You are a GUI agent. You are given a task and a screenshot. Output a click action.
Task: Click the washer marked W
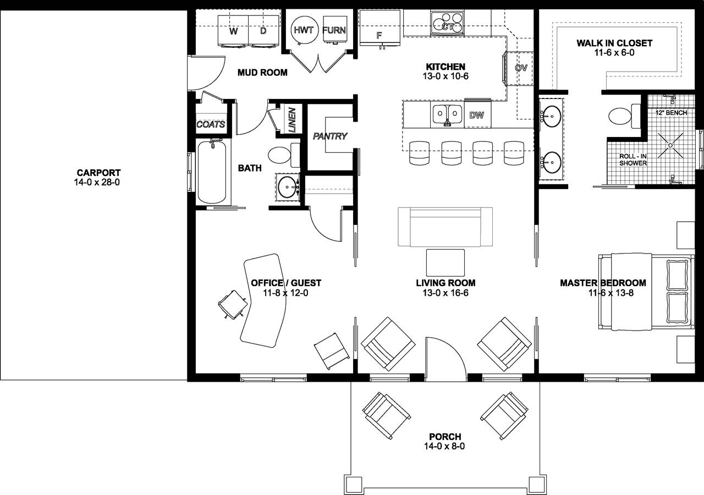coord(234,32)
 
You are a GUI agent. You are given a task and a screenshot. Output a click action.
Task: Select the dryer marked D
coord(263,32)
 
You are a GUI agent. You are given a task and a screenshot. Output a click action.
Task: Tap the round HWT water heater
coord(303,31)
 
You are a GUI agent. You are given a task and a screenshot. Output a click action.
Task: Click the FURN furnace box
coord(334,31)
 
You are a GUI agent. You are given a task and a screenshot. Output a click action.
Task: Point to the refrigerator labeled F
coord(379,34)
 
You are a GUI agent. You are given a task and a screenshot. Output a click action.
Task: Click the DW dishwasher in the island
coord(477,115)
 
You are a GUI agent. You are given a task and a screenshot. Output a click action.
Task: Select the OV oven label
coord(521,68)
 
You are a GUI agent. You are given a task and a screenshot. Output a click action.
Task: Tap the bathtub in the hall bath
coord(211,172)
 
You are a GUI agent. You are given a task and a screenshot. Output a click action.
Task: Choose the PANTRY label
coord(330,136)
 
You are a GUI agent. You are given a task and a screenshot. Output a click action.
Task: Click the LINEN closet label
coord(291,120)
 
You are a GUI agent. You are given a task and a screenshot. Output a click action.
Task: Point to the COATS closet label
coord(211,125)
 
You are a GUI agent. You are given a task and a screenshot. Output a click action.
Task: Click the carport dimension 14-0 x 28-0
coord(97,182)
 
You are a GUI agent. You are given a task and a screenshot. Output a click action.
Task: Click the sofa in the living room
coord(445,227)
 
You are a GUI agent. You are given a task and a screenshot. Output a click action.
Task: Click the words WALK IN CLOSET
coord(614,43)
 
